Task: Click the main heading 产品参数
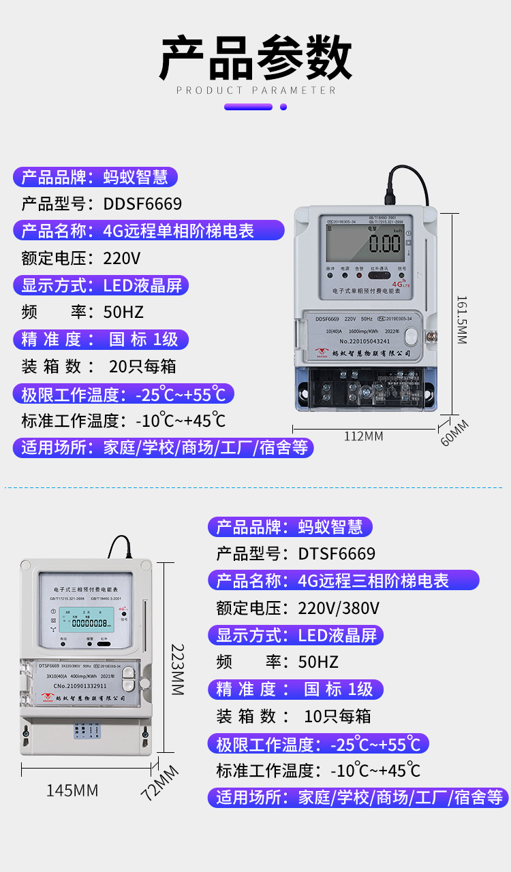tap(255, 57)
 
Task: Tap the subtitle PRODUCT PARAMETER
tap(255, 90)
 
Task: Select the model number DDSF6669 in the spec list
tap(142, 204)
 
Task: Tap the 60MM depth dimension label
tap(454, 433)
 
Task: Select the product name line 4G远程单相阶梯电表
tap(179, 231)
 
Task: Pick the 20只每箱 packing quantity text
tap(142, 366)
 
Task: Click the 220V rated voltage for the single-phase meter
tap(122, 259)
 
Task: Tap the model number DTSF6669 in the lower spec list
tap(337, 553)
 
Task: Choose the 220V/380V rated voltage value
tap(339, 608)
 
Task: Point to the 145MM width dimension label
tap(72, 790)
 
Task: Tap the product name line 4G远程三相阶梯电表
tap(373, 581)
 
